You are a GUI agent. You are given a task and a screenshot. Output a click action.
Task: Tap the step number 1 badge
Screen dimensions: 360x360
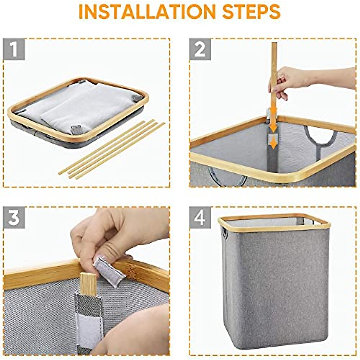click(x=14, y=49)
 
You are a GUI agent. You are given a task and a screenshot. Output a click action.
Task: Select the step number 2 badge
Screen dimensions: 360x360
click(x=200, y=49)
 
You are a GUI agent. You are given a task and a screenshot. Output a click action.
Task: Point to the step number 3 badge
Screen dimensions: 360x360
click(x=14, y=217)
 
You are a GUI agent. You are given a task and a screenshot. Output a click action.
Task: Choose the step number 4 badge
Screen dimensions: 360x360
click(x=200, y=217)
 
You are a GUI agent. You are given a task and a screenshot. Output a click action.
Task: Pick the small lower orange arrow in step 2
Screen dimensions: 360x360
click(x=273, y=144)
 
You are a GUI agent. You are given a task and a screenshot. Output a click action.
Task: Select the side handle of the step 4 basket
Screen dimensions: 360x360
click(x=223, y=235)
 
